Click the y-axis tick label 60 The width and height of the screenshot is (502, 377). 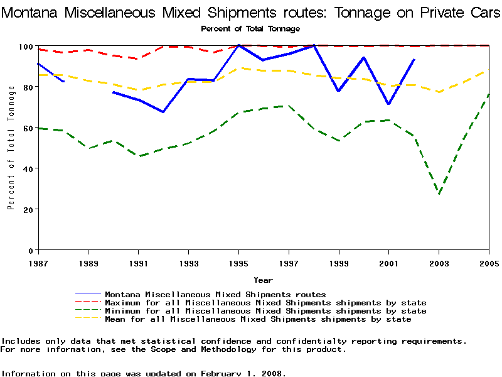pyautogui.click(x=27, y=128)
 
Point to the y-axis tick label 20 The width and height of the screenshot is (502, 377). pyautogui.click(x=27, y=209)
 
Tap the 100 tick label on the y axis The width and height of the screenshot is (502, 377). pyautogui.click(x=25, y=47)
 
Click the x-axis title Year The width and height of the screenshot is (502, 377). pyautogui.click(x=263, y=280)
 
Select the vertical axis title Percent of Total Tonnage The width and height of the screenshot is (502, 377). pyautogui.click(x=11, y=148)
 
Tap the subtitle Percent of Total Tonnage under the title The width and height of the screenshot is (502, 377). pyautogui.click(x=250, y=29)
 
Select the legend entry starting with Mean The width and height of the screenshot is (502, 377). pyautogui.click(x=258, y=319)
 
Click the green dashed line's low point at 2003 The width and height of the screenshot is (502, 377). pyautogui.click(x=439, y=194)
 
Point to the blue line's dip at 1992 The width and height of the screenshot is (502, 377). pyautogui.click(x=163, y=112)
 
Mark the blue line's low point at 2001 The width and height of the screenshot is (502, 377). pyautogui.click(x=389, y=104)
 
